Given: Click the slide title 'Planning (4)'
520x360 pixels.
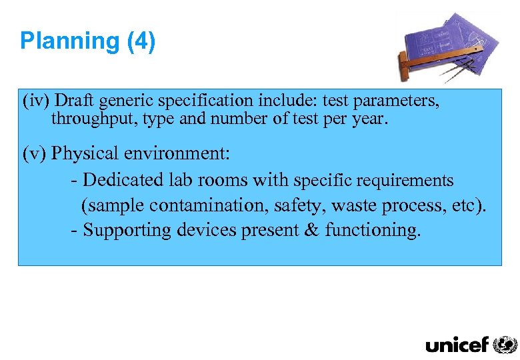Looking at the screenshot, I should pyautogui.click(x=87, y=41).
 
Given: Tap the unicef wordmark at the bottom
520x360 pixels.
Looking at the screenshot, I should pyautogui.click(x=457, y=345).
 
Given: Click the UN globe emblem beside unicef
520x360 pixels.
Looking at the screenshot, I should pyautogui.click(x=505, y=344).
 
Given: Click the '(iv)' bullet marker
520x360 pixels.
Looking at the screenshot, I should pyautogui.click(x=36, y=101).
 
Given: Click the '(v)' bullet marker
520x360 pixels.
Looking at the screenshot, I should pyautogui.click(x=35, y=154).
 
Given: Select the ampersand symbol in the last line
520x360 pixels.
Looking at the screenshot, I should pyautogui.click(x=311, y=231).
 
